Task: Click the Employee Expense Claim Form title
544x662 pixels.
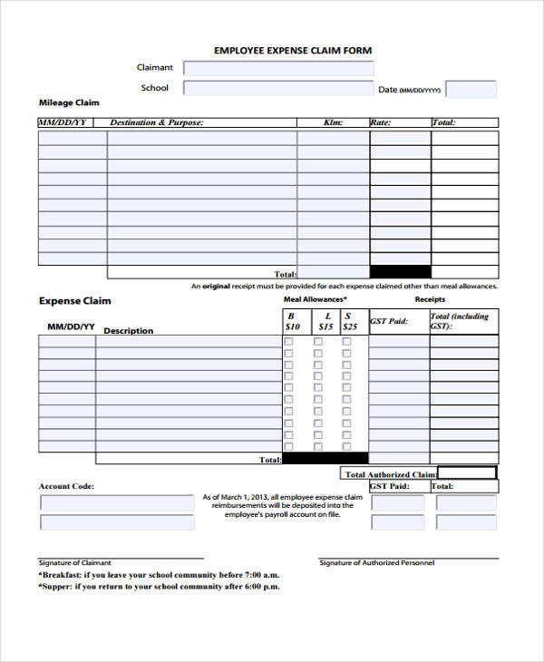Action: pyautogui.click(x=292, y=51)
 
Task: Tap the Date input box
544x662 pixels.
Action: pyautogui.click(x=471, y=89)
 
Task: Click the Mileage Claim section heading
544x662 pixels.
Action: pyautogui.click(x=69, y=102)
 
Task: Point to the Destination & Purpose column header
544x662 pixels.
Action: pyautogui.click(x=156, y=122)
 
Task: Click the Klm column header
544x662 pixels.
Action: pyautogui.click(x=333, y=122)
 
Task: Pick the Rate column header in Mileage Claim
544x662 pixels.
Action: pyautogui.click(x=380, y=122)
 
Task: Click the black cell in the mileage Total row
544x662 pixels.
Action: pyautogui.click(x=400, y=272)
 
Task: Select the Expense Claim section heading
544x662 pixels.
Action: pyautogui.click(x=74, y=300)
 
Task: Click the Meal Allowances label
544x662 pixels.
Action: pyautogui.click(x=316, y=299)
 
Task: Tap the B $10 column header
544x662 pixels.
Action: pyautogui.click(x=292, y=321)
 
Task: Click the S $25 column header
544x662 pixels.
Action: pyautogui.click(x=350, y=321)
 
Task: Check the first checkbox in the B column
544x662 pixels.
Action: pyautogui.click(x=289, y=342)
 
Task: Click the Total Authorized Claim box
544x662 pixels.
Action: pyautogui.click(x=467, y=472)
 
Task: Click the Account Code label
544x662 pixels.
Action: pyautogui.click(x=66, y=487)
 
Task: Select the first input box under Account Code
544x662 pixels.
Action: pyautogui.click(x=117, y=503)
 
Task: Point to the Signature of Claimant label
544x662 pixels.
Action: pyautogui.click(x=75, y=563)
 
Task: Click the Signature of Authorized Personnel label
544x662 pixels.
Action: pyautogui.click(x=376, y=563)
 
